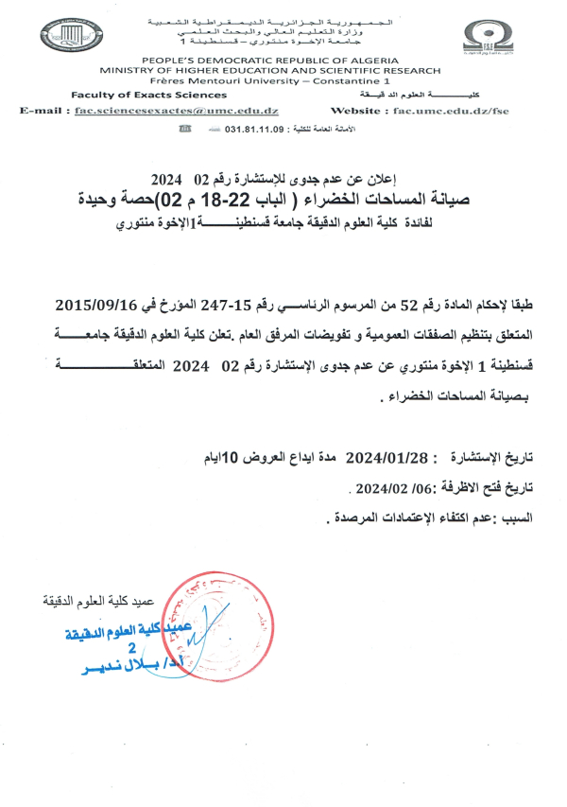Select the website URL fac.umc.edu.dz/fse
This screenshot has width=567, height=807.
point(454,112)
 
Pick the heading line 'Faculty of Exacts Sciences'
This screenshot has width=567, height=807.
point(135,96)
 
